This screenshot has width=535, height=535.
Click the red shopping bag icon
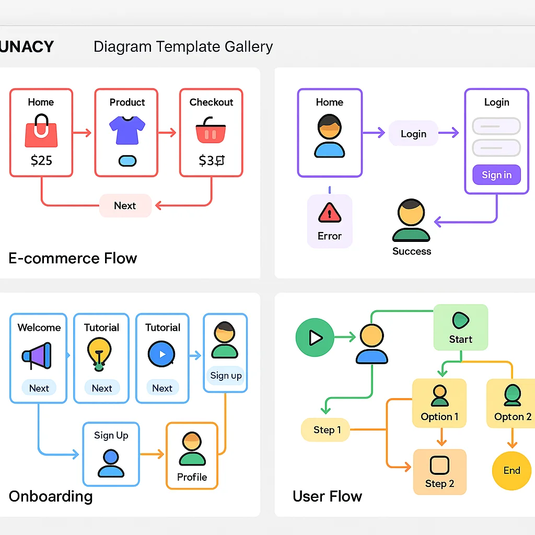click(x=41, y=131)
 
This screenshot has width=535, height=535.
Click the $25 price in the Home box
click(x=41, y=160)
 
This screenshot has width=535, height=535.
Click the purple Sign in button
click(x=496, y=175)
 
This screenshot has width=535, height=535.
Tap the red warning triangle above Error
click(x=329, y=213)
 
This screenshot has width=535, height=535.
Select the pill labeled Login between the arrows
click(x=413, y=134)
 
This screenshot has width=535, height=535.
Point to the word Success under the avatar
click(x=412, y=251)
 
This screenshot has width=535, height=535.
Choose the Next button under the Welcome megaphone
click(x=39, y=388)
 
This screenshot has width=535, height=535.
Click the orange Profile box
click(x=192, y=456)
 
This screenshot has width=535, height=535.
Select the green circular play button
click(x=315, y=338)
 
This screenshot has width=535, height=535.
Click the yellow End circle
click(x=511, y=471)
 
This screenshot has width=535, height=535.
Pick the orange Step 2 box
click(x=439, y=472)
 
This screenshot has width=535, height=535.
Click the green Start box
click(x=460, y=328)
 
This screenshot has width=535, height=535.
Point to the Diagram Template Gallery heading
click(x=183, y=46)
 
